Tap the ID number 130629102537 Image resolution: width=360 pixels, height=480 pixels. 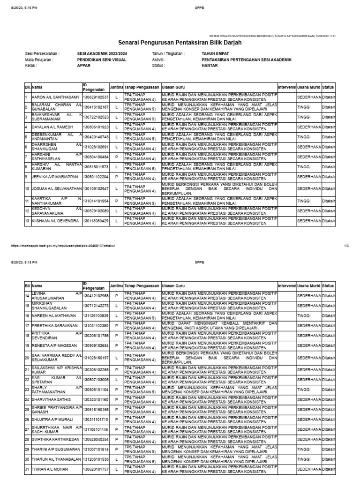pyautogui.click(x=96, y=97)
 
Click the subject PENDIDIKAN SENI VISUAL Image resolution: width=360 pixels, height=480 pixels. pyautogui.click(x=102, y=60)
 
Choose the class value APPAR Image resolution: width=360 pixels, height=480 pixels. pyautogui.click(x=83, y=66)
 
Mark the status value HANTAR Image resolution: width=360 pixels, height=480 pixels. pyautogui.click(x=209, y=66)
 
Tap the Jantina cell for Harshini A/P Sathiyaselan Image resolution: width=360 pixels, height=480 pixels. pyautogui.click(x=116, y=157)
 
